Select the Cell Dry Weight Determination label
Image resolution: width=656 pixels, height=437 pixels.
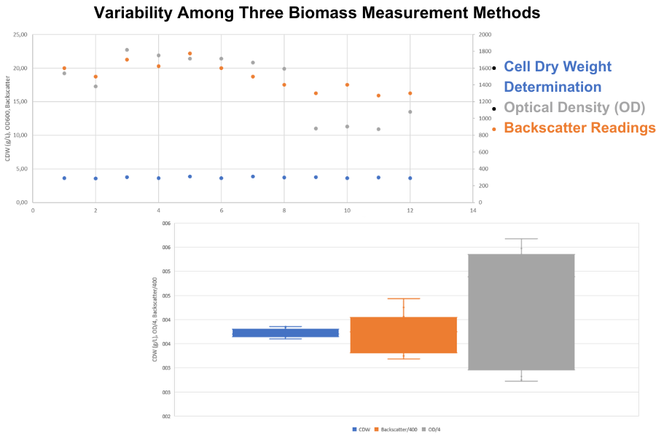pyautogui.click(x=558, y=76)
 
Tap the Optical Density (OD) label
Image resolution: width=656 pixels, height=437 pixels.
pyautogui.click(x=575, y=108)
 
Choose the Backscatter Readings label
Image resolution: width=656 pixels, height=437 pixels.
pyautogui.click(x=579, y=128)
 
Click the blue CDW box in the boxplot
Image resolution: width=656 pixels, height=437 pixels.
pyautogui.click(x=286, y=333)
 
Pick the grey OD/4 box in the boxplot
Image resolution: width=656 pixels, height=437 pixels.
pyautogui.click(x=521, y=312)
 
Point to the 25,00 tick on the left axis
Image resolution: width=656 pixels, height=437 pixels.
pyautogui.click(x=20, y=35)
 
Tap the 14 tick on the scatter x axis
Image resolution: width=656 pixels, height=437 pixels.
pyautogui.click(x=472, y=210)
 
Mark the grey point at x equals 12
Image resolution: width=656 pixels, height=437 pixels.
pyautogui.click(x=410, y=112)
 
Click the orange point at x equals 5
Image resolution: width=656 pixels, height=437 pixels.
pyautogui.click(x=190, y=54)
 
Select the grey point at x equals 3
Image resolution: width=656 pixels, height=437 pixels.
pyautogui.click(x=127, y=50)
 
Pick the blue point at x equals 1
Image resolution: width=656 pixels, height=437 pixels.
pyautogui.click(x=64, y=178)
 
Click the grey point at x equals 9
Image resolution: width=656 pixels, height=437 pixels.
pyautogui.click(x=316, y=128)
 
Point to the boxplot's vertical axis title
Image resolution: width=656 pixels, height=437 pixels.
pyautogui.click(x=154, y=320)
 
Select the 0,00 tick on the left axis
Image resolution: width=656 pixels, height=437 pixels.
pyautogui.click(x=21, y=202)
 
